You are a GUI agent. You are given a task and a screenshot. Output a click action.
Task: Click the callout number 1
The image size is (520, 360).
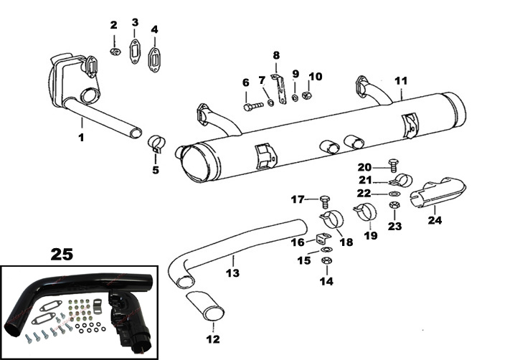81,137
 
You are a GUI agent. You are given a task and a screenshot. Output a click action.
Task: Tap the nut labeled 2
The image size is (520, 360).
115,52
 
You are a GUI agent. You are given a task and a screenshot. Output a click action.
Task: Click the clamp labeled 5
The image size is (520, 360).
157,143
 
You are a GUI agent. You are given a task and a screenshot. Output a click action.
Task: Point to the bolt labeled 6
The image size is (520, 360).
252,106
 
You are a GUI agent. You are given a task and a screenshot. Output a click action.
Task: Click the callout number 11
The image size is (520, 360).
401,80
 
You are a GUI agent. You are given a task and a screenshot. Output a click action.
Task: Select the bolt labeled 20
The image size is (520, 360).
392,165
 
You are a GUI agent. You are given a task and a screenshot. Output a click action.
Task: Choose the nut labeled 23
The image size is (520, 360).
393,206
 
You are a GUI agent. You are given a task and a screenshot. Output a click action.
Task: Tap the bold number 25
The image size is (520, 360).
62,253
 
